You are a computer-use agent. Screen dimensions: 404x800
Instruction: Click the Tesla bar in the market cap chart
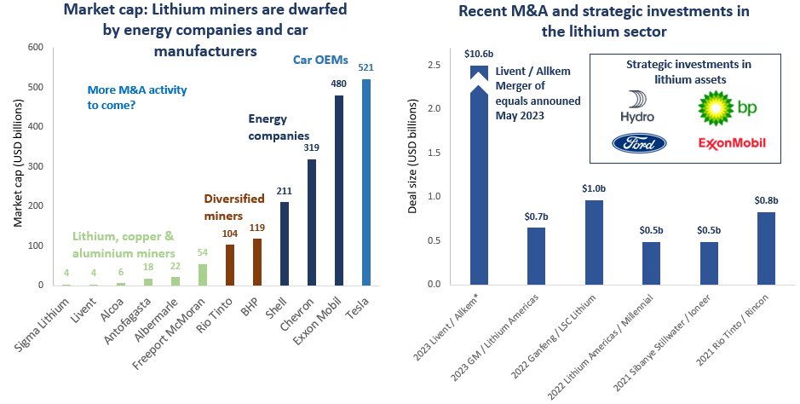[366, 182]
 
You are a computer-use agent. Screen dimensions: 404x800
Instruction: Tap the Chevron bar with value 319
[312, 222]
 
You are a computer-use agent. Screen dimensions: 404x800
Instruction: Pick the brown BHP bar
[256, 262]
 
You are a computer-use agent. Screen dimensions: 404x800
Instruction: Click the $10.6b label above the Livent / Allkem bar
[479, 53]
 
